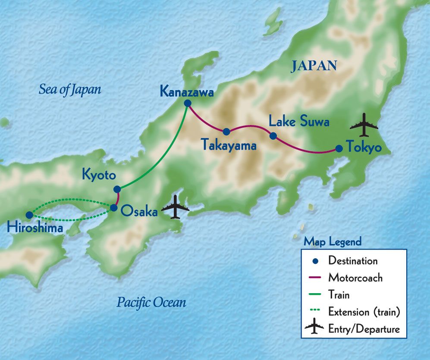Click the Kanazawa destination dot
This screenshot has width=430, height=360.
tap(187, 103)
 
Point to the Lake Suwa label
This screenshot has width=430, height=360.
tap(299, 122)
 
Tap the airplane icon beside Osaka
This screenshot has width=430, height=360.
tap(175, 207)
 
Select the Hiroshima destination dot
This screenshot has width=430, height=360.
tap(29, 215)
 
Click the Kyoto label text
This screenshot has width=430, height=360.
tap(99, 175)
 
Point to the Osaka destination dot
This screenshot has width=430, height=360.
tap(113, 208)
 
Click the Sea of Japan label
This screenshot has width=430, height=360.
tap(70, 89)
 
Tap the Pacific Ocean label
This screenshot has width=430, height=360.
tap(151, 302)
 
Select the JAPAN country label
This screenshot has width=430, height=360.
tap(314, 66)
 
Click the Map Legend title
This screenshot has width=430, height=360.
tap(332, 241)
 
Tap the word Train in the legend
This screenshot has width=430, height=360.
tap(339, 295)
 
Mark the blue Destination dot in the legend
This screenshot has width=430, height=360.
tap(315, 261)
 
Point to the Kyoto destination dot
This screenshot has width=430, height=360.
tap(117, 189)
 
